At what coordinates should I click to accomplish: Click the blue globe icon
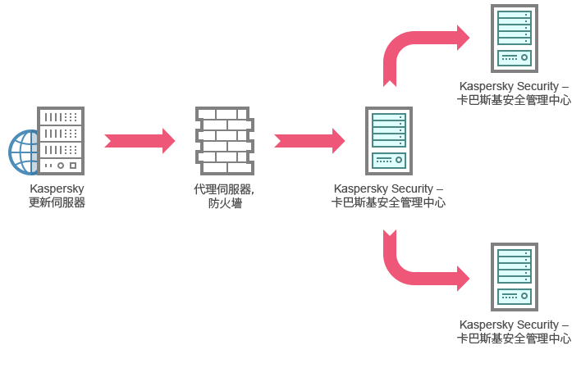[x=23, y=152]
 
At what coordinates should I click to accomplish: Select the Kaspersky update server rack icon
[x=61, y=141]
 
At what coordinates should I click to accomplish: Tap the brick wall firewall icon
[x=224, y=140]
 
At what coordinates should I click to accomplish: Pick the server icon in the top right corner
[x=515, y=39]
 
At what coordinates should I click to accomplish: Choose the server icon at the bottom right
[x=515, y=277]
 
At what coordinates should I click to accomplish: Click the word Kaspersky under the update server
[x=57, y=188]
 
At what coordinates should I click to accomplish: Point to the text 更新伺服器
[x=57, y=202]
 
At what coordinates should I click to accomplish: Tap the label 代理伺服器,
[x=224, y=189]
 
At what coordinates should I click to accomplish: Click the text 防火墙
[x=224, y=203]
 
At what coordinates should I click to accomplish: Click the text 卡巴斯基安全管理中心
[x=388, y=202]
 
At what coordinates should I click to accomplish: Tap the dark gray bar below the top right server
[x=519, y=93]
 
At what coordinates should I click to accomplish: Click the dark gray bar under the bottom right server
[x=514, y=332]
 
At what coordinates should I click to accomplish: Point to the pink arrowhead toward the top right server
[x=468, y=38]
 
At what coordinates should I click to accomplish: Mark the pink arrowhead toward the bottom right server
[x=468, y=279]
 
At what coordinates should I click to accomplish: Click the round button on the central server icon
[x=399, y=160]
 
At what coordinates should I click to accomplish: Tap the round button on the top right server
[x=524, y=57]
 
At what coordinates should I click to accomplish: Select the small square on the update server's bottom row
[x=73, y=166]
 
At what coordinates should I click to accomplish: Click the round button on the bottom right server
[x=524, y=296]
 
